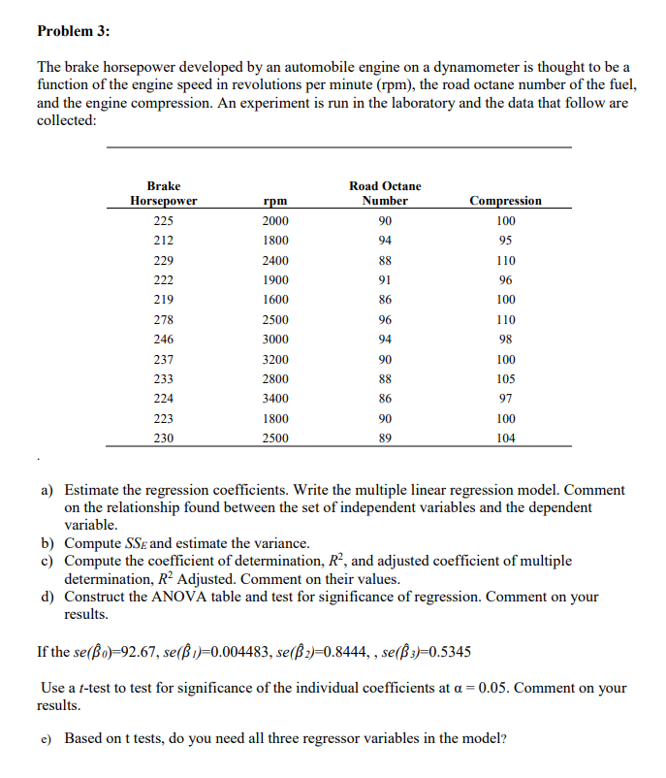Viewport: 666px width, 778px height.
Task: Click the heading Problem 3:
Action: click(74, 31)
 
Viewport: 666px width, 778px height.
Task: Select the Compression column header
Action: click(505, 201)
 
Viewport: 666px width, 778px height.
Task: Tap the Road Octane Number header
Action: click(385, 193)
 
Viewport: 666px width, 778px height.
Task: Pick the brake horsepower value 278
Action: click(164, 319)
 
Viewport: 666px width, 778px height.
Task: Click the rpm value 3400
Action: click(275, 399)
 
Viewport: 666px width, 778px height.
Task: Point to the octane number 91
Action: click(385, 279)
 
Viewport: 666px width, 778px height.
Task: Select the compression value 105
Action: click(505, 378)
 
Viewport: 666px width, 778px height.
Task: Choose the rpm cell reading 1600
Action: click(275, 299)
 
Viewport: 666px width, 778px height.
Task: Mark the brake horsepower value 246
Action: click(164, 339)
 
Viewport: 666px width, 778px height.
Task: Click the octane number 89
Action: click(385, 438)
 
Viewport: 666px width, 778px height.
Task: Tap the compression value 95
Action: click(505, 240)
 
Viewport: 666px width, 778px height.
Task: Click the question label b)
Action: click(47, 542)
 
